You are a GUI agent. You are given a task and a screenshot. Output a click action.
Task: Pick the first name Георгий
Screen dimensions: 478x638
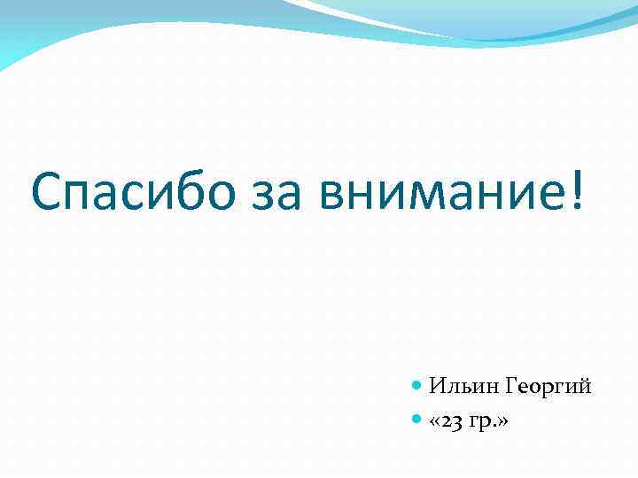(x=549, y=387)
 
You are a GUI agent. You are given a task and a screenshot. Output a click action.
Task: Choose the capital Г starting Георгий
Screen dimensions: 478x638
(x=513, y=386)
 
